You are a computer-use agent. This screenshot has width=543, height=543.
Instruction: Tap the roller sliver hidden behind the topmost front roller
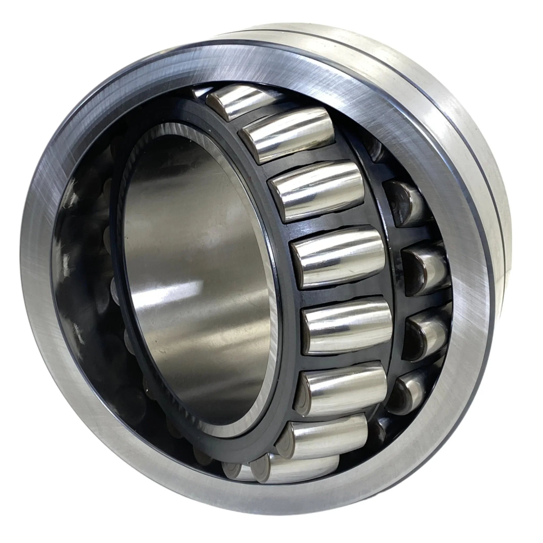[x=200, y=93]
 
